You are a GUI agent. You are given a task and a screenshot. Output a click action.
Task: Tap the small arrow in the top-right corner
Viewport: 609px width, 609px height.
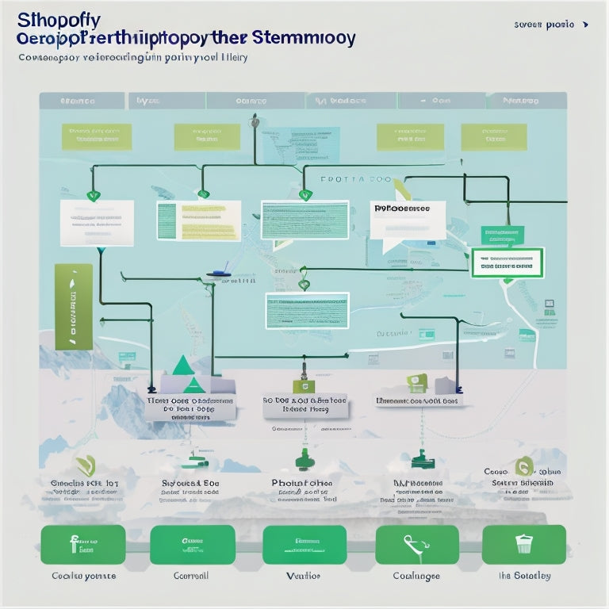[585, 25]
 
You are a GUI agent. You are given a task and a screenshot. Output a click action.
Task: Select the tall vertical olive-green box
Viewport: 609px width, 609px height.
[73, 307]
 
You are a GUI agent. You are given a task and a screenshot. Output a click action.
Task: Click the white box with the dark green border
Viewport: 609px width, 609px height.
[507, 262]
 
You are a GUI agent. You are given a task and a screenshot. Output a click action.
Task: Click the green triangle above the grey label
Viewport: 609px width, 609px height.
[184, 365]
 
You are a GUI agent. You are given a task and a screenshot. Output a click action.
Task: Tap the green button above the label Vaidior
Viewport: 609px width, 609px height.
[304, 545]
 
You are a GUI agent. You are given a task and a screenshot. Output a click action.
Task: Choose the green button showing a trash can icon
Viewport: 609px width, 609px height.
[523, 545]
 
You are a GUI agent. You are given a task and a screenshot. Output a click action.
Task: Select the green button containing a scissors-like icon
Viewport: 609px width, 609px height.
[416, 545]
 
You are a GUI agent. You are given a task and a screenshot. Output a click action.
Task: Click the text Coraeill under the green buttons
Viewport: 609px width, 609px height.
[191, 576]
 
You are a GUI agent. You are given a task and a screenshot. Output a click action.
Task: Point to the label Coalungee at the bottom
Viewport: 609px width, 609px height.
[416, 576]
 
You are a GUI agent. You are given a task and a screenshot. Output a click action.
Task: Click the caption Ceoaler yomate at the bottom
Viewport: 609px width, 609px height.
[83, 576]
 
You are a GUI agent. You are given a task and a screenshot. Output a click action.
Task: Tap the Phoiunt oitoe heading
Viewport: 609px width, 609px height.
[302, 482]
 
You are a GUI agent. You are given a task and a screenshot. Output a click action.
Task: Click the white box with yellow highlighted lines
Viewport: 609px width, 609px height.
[198, 220]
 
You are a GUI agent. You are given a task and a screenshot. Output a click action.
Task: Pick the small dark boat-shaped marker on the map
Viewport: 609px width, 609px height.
[220, 274]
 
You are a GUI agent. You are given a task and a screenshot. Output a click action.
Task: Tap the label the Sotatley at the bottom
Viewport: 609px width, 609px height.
[524, 576]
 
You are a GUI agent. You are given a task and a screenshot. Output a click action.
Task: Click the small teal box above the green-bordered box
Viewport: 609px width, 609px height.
[502, 235]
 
